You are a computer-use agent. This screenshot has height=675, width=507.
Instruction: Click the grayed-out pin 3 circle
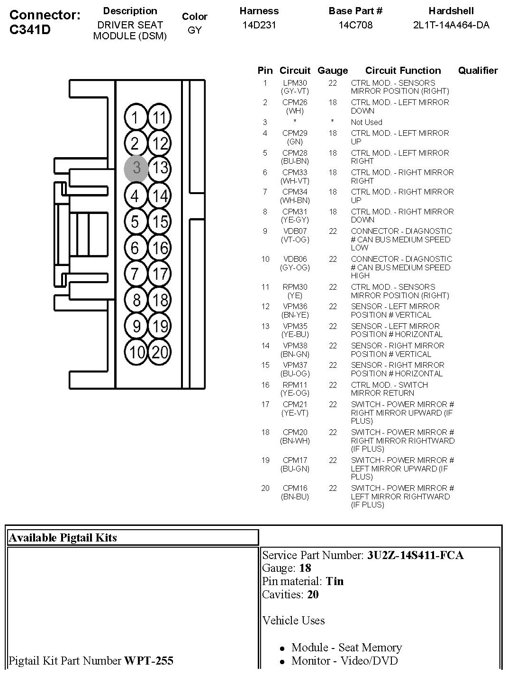[136, 168]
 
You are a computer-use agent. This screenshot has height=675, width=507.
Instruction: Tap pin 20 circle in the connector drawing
[160, 352]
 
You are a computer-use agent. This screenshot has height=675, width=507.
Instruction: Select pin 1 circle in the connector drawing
[136, 117]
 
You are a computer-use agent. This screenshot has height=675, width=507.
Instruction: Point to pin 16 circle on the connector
[160, 248]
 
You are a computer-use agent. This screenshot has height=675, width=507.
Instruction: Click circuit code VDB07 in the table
[295, 231]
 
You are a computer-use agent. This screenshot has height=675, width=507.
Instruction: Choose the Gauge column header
[333, 71]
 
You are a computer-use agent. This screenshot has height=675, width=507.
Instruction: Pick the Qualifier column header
[478, 71]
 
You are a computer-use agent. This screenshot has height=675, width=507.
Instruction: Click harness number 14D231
[259, 25]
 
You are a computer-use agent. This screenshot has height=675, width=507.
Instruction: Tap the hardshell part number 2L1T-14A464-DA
[451, 25]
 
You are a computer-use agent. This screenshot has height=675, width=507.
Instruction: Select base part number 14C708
[355, 25]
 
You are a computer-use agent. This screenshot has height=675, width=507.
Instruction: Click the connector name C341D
[30, 30]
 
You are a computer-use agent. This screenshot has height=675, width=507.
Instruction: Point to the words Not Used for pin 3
[366, 122]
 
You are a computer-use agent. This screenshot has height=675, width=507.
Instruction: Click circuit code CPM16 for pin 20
[295, 488]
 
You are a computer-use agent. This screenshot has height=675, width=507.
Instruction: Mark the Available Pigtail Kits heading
[63, 537]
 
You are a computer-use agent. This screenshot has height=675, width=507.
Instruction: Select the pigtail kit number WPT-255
[149, 660]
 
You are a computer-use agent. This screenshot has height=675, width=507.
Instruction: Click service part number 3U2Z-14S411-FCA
[415, 555]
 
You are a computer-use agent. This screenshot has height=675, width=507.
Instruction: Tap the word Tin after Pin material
[335, 581]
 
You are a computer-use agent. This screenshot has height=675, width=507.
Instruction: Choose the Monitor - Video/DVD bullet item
[344, 661]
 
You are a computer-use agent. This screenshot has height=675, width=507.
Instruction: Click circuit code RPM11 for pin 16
[295, 385]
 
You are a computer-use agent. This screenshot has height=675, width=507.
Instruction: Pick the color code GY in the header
[195, 30]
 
